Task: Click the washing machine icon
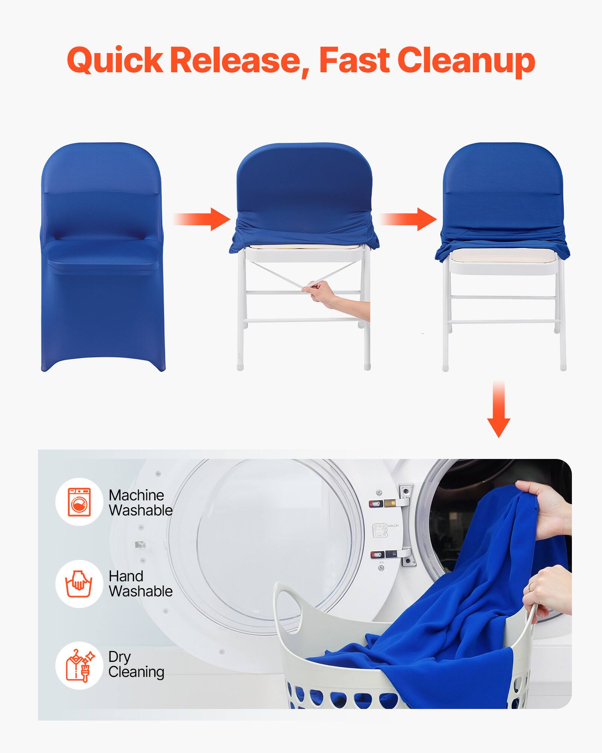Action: [79, 502]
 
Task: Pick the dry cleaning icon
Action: [79, 665]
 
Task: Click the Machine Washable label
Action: [140, 503]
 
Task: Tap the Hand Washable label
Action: [140, 584]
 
